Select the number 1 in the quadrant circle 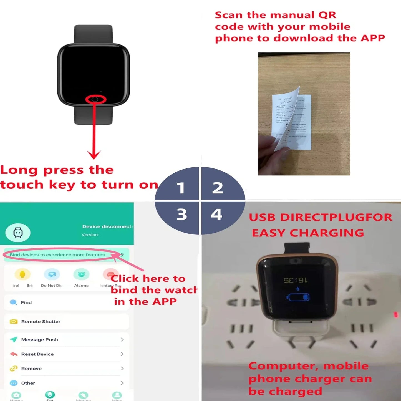click(x=181, y=188)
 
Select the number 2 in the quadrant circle click(x=218, y=188)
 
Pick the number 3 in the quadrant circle click(x=182, y=215)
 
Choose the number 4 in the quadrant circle click(x=216, y=214)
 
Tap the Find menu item click(x=26, y=302)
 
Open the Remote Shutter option click(x=41, y=321)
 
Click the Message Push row click(x=39, y=339)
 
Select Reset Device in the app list click(x=37, y=354)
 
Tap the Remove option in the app click(x=31, y=369)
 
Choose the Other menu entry click(x=28, y=383)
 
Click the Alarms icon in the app click(x=81, y=274)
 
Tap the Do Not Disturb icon click(x=52, y=274)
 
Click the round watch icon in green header click(x=18, y=233)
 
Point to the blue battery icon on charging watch click(x=298, y=297)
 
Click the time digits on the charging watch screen click(x=295, y=280)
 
